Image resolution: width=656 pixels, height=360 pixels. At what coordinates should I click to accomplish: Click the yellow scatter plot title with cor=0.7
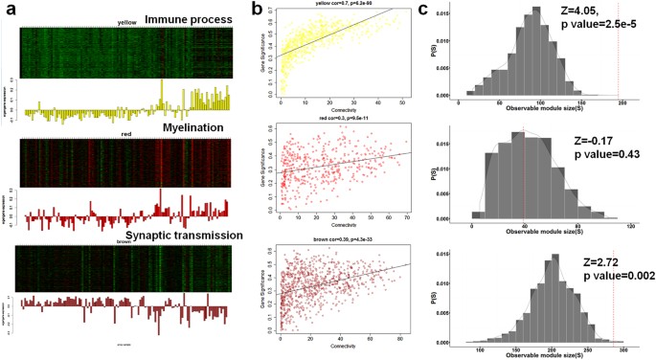[x=341, y=4]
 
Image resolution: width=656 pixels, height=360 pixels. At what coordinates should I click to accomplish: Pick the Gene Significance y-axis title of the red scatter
[x=264, y=169]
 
